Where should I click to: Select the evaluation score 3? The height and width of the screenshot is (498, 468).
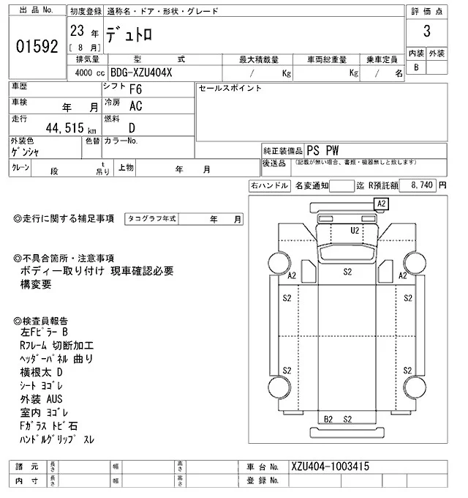(x=425, y=31)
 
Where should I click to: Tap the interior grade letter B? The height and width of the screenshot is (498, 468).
(x=416, y=68)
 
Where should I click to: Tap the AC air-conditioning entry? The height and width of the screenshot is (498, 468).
(x=136, y=106)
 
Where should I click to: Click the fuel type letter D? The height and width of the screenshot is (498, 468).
(x=132, y=127)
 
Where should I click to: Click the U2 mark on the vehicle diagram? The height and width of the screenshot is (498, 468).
(x=355, y=230)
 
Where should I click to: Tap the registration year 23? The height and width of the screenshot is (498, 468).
(x=76, y=31)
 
